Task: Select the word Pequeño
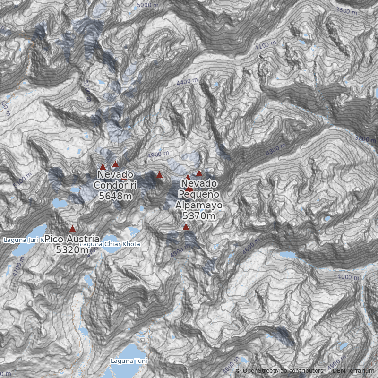coord(198,194)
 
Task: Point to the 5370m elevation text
coord(198,215)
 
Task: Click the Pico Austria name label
coord(72,239)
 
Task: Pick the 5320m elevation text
coord(72,250)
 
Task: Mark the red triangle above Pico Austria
coord(72,229)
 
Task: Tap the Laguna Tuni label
coord(129,361)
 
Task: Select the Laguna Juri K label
coord(24,240)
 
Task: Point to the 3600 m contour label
coord(347,10)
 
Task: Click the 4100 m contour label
coord(266,46)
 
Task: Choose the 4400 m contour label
coord(187,82)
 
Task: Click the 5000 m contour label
coord(148,5)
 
